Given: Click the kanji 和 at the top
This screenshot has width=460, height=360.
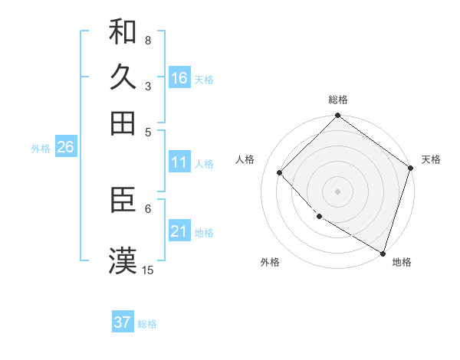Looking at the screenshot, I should pos(123,32).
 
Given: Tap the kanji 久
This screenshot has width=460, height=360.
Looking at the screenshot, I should pos(123,77).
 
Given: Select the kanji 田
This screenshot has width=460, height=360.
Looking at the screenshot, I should pos(123,122).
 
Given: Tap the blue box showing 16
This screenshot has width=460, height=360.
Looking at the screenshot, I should pos(179,78).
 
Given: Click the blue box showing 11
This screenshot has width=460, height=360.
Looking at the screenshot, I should pos(179,162).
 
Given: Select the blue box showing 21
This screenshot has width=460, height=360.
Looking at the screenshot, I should pos(179,231).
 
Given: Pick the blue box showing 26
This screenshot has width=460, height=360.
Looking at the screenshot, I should pos(65,148).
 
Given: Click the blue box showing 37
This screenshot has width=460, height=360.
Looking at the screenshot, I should pos(123,322).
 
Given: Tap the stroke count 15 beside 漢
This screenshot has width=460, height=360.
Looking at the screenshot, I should pos(148,270).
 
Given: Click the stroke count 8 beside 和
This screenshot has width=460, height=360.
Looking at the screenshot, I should pos(148,40).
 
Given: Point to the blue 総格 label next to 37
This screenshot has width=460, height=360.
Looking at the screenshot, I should pos(147,324).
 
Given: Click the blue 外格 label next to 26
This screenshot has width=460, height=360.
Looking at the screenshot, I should pos(41,149).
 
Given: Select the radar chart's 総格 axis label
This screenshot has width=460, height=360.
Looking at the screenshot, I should pos(338,100).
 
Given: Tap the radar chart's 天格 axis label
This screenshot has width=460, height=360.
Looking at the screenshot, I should pos(431,159).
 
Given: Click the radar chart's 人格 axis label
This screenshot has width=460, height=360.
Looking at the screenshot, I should pos(245,159).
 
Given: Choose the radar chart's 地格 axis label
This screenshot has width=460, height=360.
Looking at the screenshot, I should pos(402,262).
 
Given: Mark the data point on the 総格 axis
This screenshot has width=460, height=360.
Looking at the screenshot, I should pos(337,116).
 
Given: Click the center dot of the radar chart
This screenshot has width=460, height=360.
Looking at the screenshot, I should pos(337,191).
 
